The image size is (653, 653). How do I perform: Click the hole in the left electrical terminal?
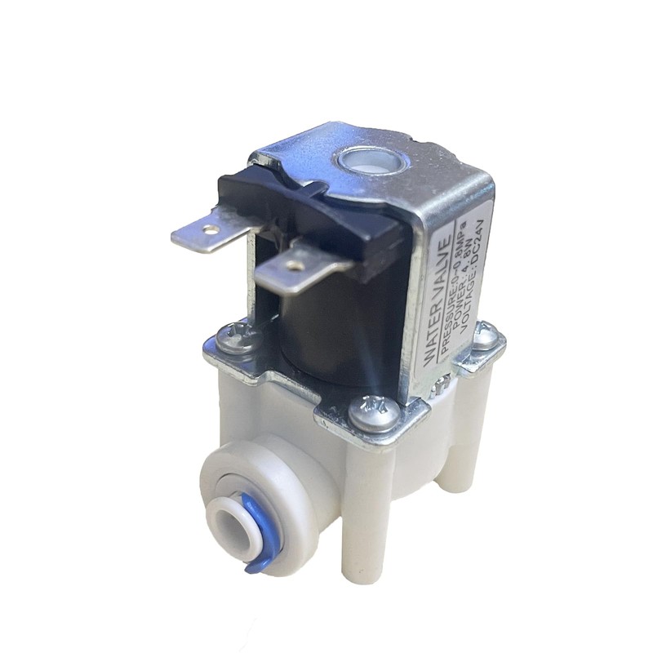[211, 230]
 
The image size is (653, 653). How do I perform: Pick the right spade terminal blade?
[294, 268]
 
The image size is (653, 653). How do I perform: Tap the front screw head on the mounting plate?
[366, 408]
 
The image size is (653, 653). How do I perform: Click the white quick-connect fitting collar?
[245, 490]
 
